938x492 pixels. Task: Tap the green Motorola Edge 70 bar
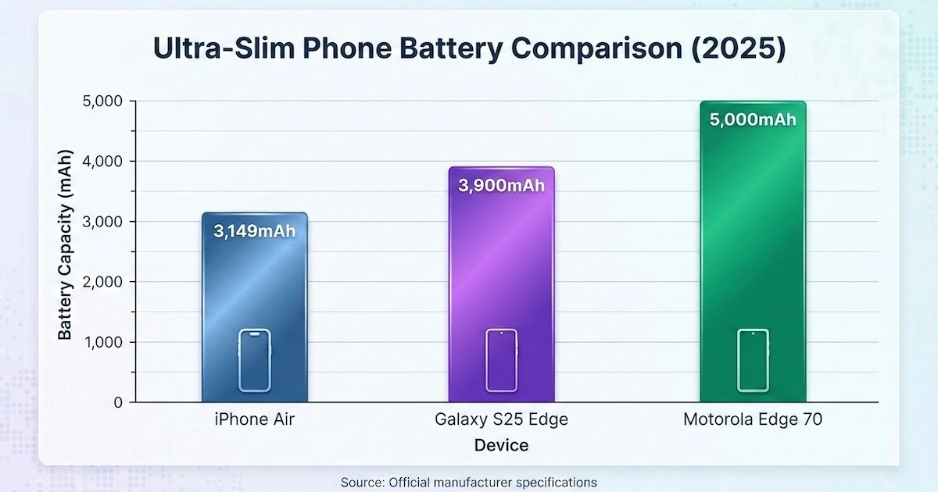click(753, 234)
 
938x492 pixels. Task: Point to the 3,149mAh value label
click(255, 231)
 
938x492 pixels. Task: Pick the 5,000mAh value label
click(753, 119)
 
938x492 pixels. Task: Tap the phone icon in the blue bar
click(254, 360)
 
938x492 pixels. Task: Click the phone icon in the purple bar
click(501, 360)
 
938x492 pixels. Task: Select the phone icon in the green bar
click(753, 360)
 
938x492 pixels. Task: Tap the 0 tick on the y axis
click(117, 402)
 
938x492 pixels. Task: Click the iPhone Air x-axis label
click(255, 420)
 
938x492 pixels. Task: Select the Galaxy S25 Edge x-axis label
click(501, 420)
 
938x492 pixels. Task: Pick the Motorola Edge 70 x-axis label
click(753, 420)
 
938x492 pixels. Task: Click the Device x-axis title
click(501, 445)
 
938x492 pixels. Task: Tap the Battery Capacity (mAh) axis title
click(66, 251)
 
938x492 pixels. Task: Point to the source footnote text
click(469, 482)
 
